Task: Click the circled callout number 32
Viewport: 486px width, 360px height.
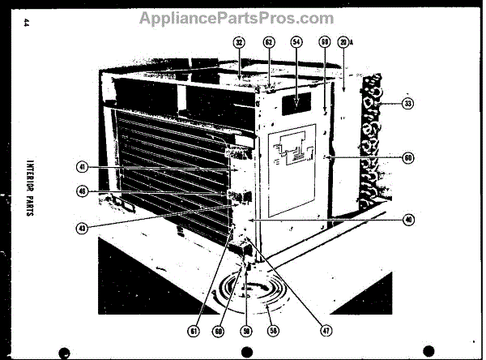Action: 240,41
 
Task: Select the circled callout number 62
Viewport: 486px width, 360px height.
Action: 268,41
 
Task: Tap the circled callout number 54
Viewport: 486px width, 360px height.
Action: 296,41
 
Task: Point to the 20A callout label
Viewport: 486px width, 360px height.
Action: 346,41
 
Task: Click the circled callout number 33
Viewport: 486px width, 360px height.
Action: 407,103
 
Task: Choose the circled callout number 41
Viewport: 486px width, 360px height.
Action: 82,167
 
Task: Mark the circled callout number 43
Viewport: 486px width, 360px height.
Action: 82,228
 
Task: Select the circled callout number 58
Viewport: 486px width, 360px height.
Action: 273,330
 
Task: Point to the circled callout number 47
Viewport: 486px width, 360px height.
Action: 326,330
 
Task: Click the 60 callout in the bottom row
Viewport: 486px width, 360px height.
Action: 220,330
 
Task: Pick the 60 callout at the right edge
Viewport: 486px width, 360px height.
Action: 407,157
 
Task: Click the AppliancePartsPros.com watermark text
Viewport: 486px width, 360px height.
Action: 236,18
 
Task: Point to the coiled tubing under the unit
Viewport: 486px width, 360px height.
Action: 258,292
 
